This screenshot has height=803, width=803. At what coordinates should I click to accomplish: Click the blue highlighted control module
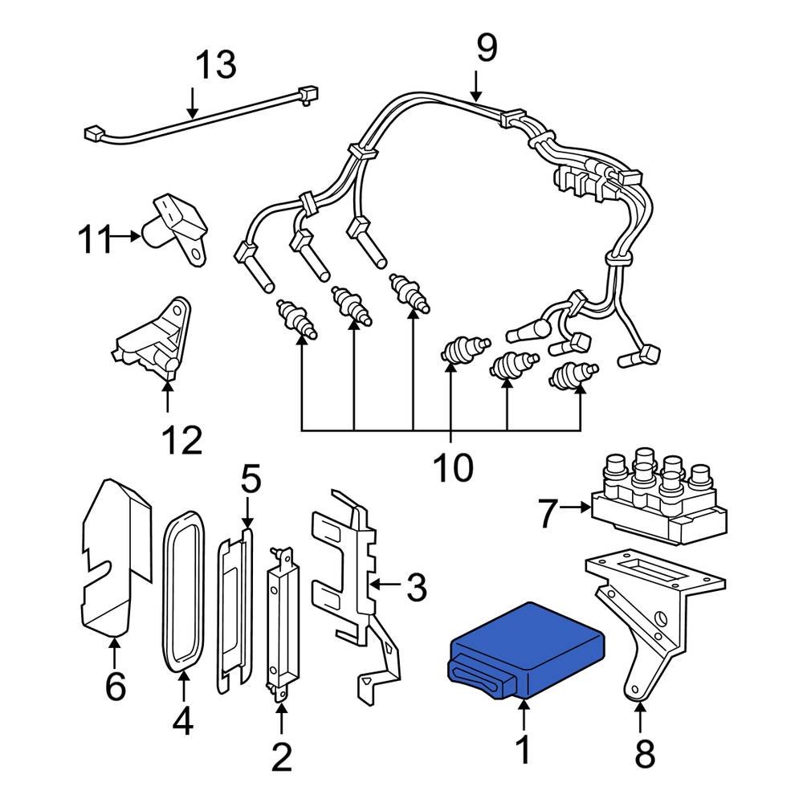point(526,646)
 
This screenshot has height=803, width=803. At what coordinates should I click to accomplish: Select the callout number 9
point(486,48)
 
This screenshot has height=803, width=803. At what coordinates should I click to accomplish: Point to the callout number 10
point(454,467)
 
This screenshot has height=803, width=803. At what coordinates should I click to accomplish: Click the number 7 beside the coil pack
point(548,514)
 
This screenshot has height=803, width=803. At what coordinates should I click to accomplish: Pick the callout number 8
point(644,755)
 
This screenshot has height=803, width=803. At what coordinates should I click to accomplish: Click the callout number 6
point(116,687)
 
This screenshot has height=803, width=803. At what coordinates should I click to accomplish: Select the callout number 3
point(416,588)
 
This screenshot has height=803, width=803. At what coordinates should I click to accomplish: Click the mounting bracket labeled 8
point(650,618)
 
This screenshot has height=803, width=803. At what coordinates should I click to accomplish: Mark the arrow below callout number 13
point(193,103)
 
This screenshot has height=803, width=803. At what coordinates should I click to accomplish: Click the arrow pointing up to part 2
point(281,719)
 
